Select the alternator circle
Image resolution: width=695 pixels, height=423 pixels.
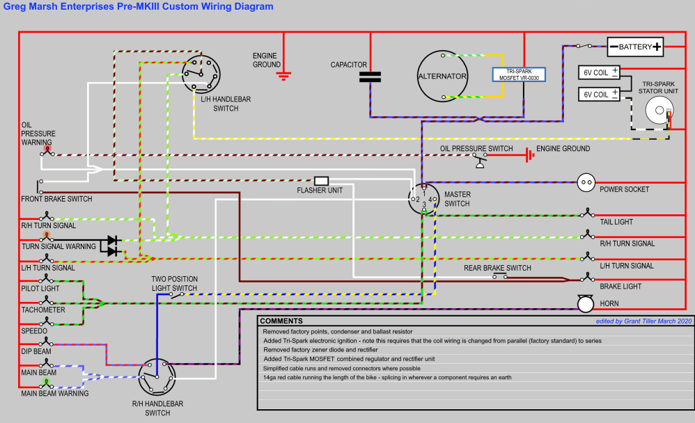pos(442,76)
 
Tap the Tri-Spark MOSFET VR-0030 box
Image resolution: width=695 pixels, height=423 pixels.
pos(519,74)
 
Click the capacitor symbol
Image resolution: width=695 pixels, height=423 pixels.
pos(370,77)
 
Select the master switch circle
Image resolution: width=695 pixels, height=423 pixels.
pos(423,198)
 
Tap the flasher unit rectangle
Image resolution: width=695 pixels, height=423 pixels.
pos(322,181)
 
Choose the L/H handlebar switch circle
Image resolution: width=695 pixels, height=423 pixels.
pos(201,74)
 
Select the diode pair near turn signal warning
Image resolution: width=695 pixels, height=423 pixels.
pos(112,246)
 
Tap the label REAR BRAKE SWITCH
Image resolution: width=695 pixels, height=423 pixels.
pos(497,268)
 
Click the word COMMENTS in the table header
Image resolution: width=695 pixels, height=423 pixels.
pos(283,321)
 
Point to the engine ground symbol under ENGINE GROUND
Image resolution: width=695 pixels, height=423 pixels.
pos(283,74)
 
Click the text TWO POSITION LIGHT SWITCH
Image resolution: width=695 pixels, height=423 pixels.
pos(174,283)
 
